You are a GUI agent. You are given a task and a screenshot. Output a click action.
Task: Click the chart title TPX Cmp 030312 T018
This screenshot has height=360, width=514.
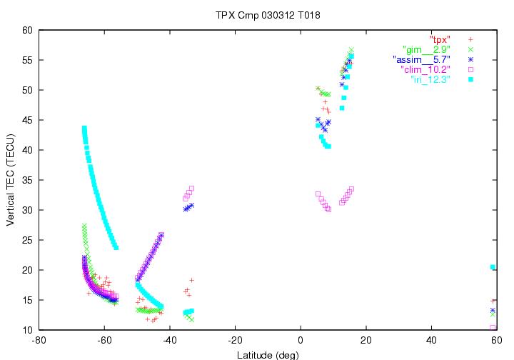point(257,14)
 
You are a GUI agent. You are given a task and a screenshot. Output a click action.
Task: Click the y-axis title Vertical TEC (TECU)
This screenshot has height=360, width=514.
point(11,180)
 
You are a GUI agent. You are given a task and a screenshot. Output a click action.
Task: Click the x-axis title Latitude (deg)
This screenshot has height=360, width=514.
point(268,354)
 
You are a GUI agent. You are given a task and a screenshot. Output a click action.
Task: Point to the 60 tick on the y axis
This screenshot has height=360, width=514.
point(29,30)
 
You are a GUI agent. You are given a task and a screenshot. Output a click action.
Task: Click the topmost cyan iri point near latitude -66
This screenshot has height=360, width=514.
point(84,129)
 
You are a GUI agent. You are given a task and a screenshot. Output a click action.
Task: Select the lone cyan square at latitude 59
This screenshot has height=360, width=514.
point(493,267)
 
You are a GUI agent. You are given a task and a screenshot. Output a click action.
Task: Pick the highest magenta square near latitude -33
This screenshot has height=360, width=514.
point(191,189)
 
